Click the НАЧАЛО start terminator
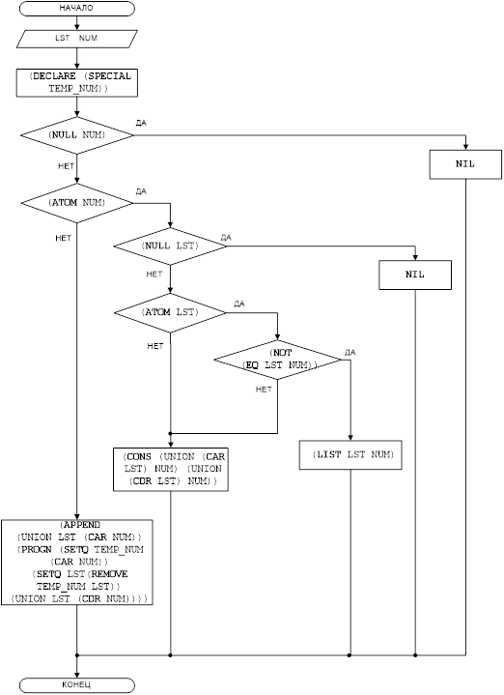tap(76, 9)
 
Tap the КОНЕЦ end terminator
tap(76, 684)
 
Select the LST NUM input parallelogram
tap(76, 39)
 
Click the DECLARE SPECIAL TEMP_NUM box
tap(76, 82)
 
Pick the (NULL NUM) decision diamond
tap(76, 135)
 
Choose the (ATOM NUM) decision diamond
tap(76, 203)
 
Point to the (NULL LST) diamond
tap(170, 246)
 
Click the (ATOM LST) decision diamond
tap(170, 313)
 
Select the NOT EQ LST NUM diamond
tap(278, 360)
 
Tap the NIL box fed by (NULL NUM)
tap(465, 164)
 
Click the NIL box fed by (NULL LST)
tap(415, 275)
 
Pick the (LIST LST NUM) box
tap(350, 454)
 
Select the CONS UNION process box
tap(171, 470)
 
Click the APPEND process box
tap(76, 563)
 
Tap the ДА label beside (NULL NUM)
tap(141, 123)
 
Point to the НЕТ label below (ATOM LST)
tap(155, 346)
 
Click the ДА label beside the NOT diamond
tap(350, 353)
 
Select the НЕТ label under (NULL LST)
tap(154, 275)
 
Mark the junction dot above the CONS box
tap(170, 433)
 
